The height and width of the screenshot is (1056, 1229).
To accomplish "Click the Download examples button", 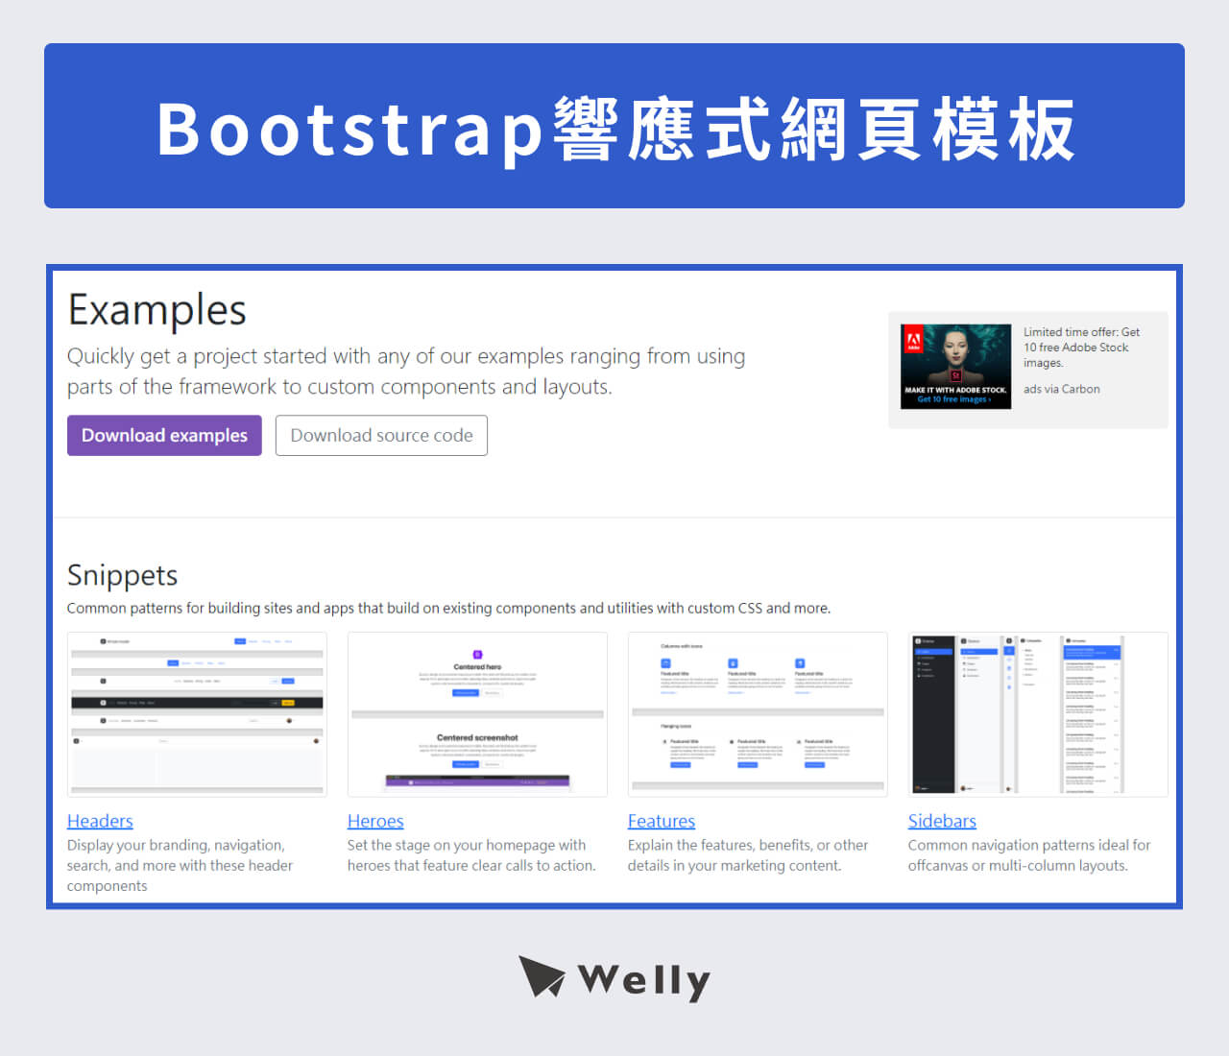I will (x=164, y=436).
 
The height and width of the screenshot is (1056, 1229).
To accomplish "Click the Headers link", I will (x=100, y=821).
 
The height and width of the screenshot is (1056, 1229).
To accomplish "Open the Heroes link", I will (x=375, y=821).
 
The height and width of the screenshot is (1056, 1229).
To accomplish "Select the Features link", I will (x=662, y=821).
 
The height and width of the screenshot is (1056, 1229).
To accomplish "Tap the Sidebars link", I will (x=942, y=821).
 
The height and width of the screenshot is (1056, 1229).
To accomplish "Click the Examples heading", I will (x=157, y=310).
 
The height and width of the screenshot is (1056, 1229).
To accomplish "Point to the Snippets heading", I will (x=122, y=575).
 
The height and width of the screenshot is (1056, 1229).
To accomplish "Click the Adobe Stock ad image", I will (x=955, y=367).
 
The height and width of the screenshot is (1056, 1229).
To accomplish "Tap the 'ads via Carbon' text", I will (x=1062, y=389).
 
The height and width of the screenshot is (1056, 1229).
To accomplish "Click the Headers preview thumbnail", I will (x=197, y=714).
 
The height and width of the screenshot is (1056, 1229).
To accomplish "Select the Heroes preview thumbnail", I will (x=477, y=714).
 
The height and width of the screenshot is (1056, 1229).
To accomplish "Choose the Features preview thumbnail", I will (x=758, y=714).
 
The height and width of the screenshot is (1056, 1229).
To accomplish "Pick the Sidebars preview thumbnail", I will (x=1038, y=714).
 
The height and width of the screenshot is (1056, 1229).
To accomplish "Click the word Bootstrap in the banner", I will (x=350, y=130).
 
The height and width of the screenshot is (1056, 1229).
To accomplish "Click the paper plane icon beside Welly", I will (x=542, y=976).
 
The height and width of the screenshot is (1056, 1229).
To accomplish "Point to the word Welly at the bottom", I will (x=644, y=980).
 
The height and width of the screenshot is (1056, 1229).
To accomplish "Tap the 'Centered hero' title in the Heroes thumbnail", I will (x=477, y=666).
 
